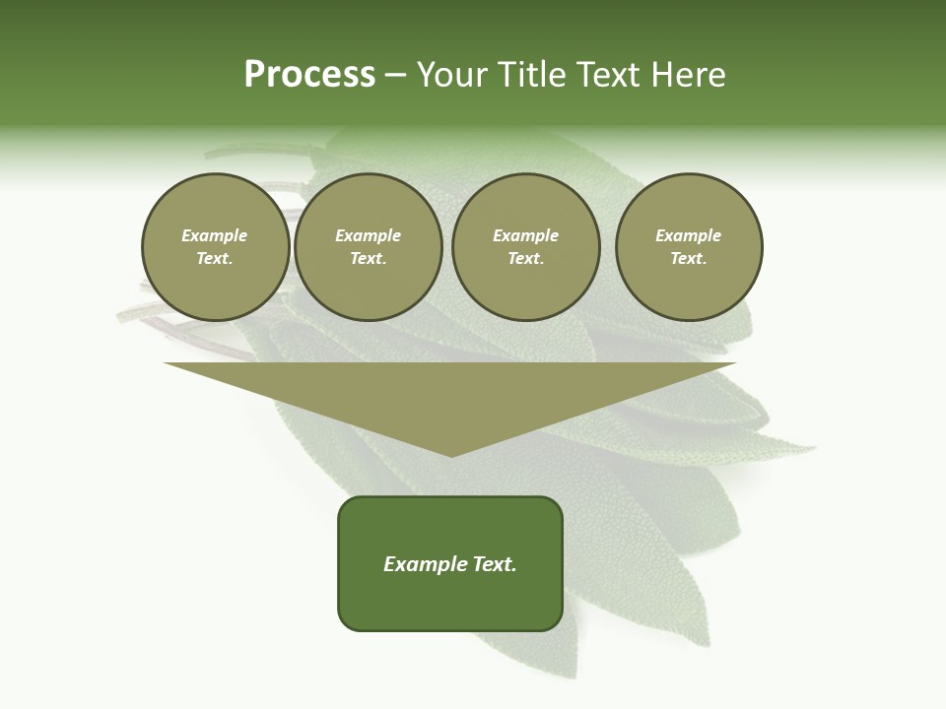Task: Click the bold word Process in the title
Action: [309, 75]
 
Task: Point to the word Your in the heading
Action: [453, 75]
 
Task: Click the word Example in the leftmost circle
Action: [215, 235]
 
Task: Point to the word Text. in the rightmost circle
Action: [689, 258]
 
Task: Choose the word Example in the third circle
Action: [525, 235]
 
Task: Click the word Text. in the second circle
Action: [369, 258]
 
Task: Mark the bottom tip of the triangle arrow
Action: [451, 454]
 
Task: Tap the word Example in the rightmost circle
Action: [689, 235]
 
